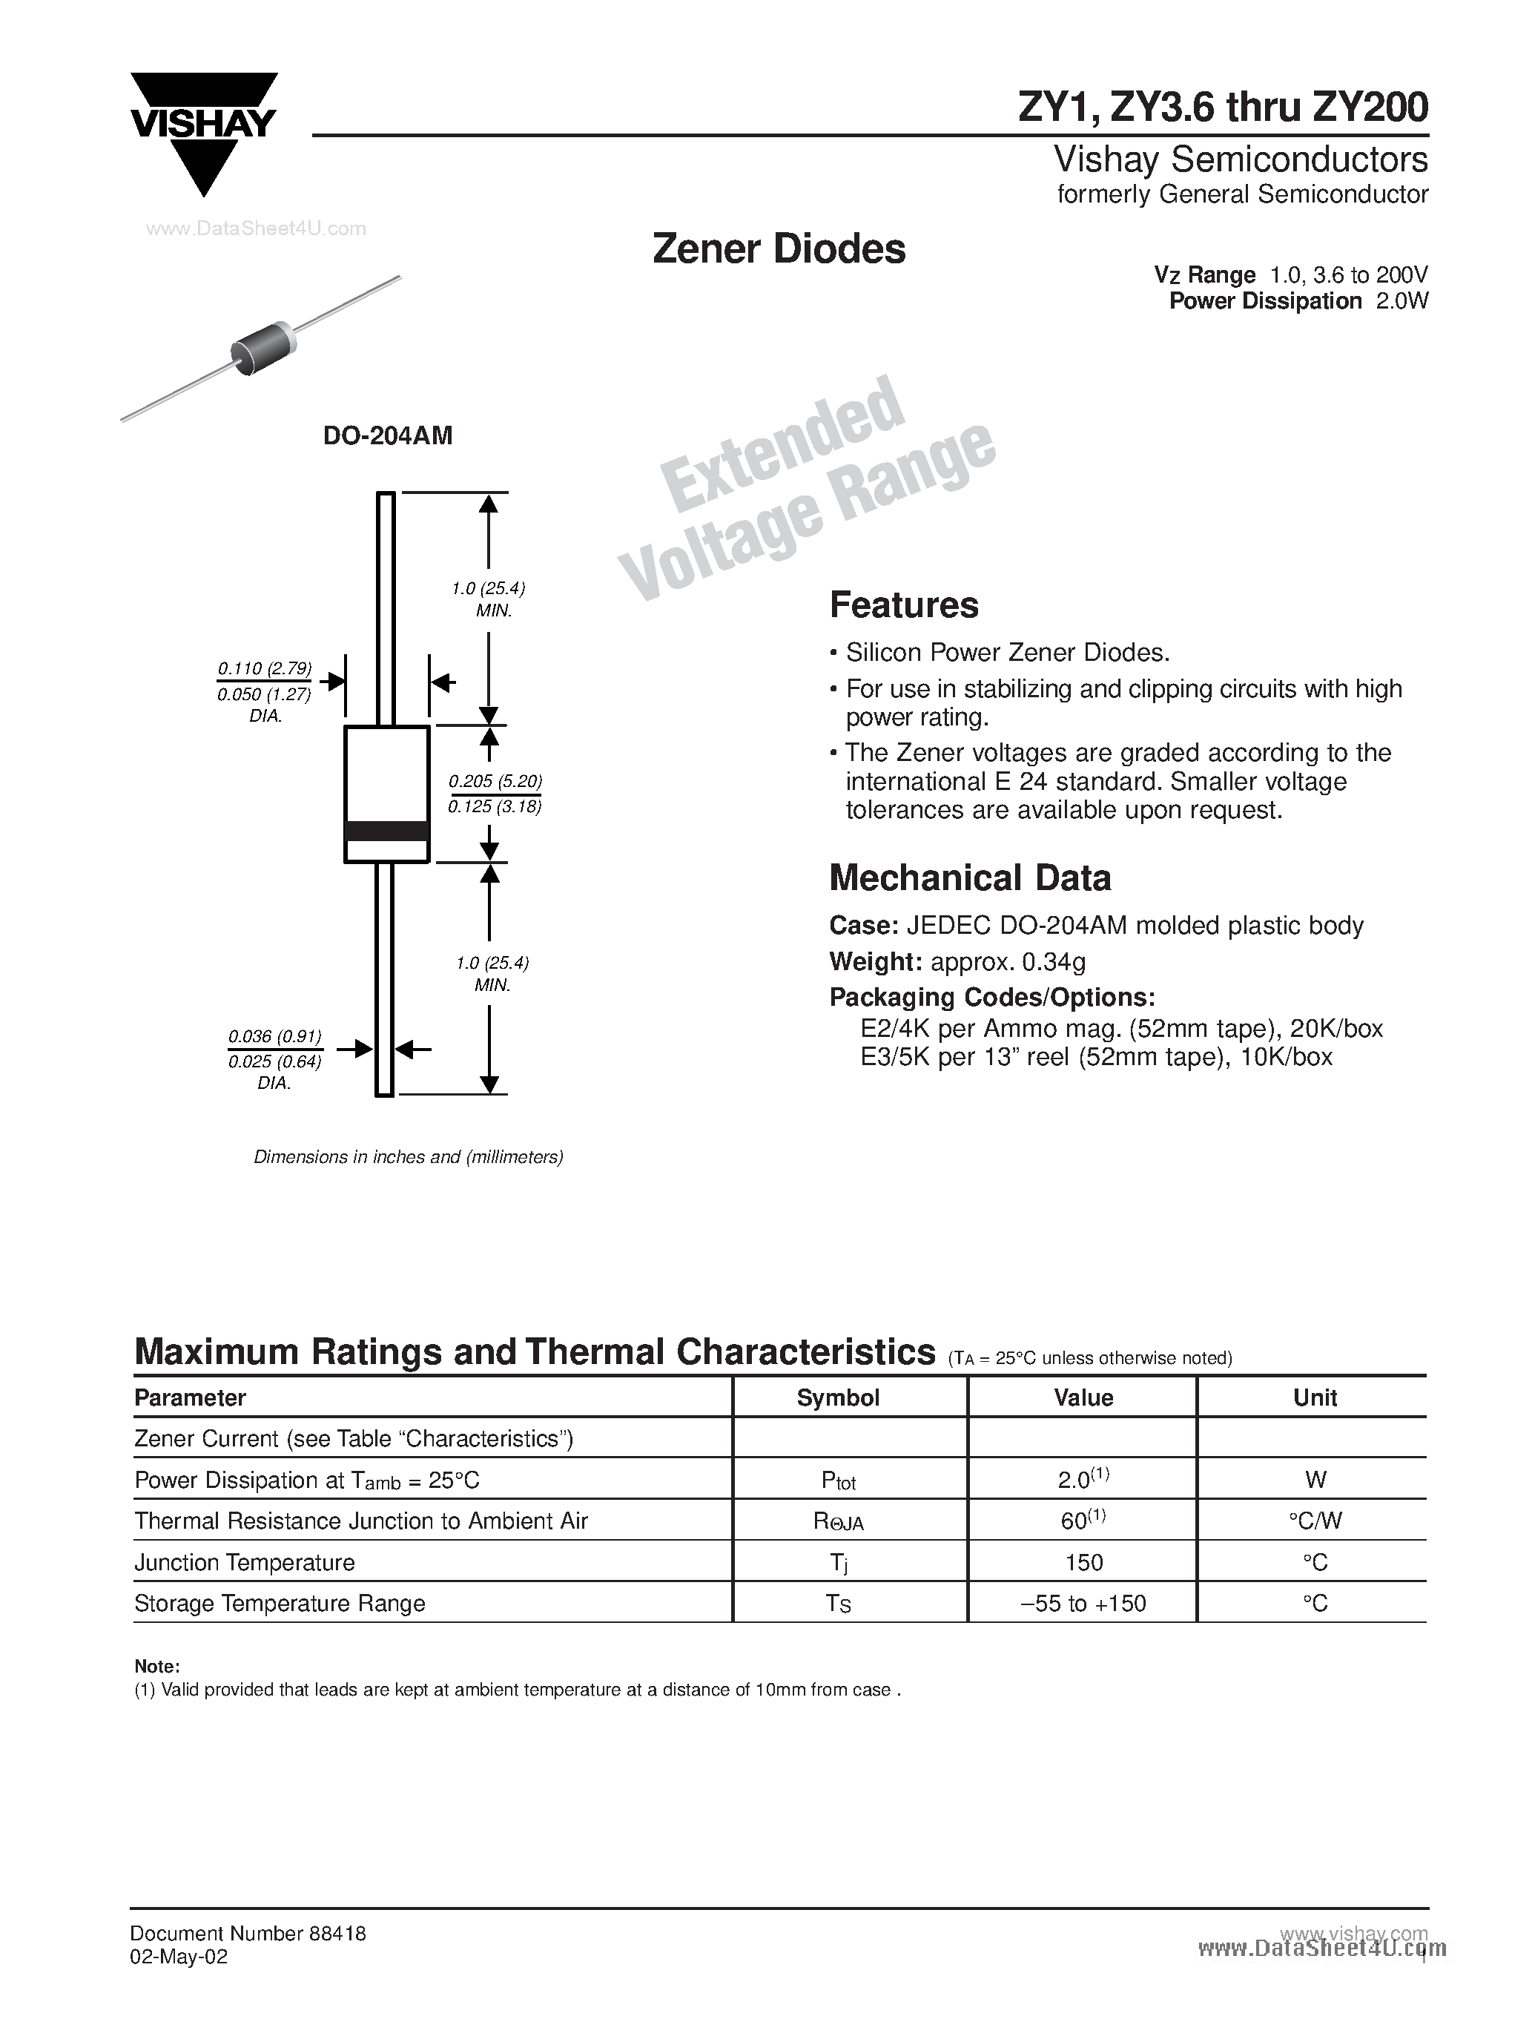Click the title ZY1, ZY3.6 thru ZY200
(1222, 108)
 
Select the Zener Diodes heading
(778, 249)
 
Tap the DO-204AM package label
(388, 435)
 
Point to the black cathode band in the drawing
(386, 830)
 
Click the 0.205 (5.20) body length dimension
(495, 781)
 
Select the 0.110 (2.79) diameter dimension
(265, 668)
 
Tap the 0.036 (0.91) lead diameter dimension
(274, 1037)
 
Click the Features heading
(903, 605)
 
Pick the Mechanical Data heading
(970, 878)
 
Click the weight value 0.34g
(1053, 962)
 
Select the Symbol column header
(837, 1397)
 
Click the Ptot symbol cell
(838, 1481)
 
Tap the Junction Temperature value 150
(1083, 1562)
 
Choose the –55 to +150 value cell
(1083, 1604)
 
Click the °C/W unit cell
(1314, 1521)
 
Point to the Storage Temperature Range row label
(280, 1604)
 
